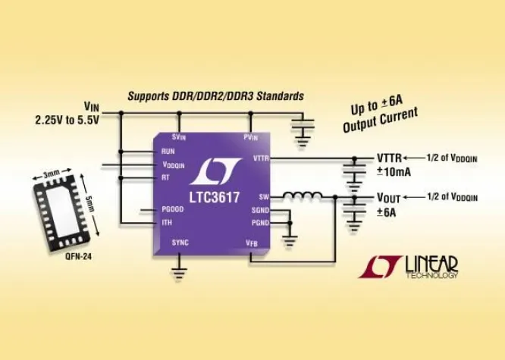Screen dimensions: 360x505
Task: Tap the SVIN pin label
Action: coord(180,136)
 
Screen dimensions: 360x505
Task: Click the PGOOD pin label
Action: coord(174,209)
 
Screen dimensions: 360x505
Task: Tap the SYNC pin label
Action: coord(180,243)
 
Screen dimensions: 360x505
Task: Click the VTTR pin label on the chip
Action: coord(259,158)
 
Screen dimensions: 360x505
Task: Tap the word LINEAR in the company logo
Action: coord(431,263)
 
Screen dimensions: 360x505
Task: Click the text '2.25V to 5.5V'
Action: coord(67,121)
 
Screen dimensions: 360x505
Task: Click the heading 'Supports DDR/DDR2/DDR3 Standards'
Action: coord(216,96)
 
